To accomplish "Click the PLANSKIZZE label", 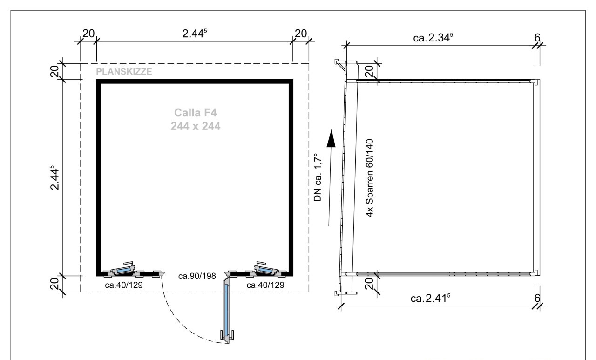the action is pos(124,72).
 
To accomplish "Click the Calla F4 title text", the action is pos(196,113).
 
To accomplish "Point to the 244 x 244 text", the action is pos(196,126).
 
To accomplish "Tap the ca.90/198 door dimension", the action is pos(197,276).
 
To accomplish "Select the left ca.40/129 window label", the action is pos(124,285).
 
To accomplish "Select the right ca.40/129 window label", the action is pos(265,285).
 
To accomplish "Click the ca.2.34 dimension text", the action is pos(433,38).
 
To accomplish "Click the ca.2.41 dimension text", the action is pos(431,298).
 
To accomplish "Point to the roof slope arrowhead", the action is pos(331,138).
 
